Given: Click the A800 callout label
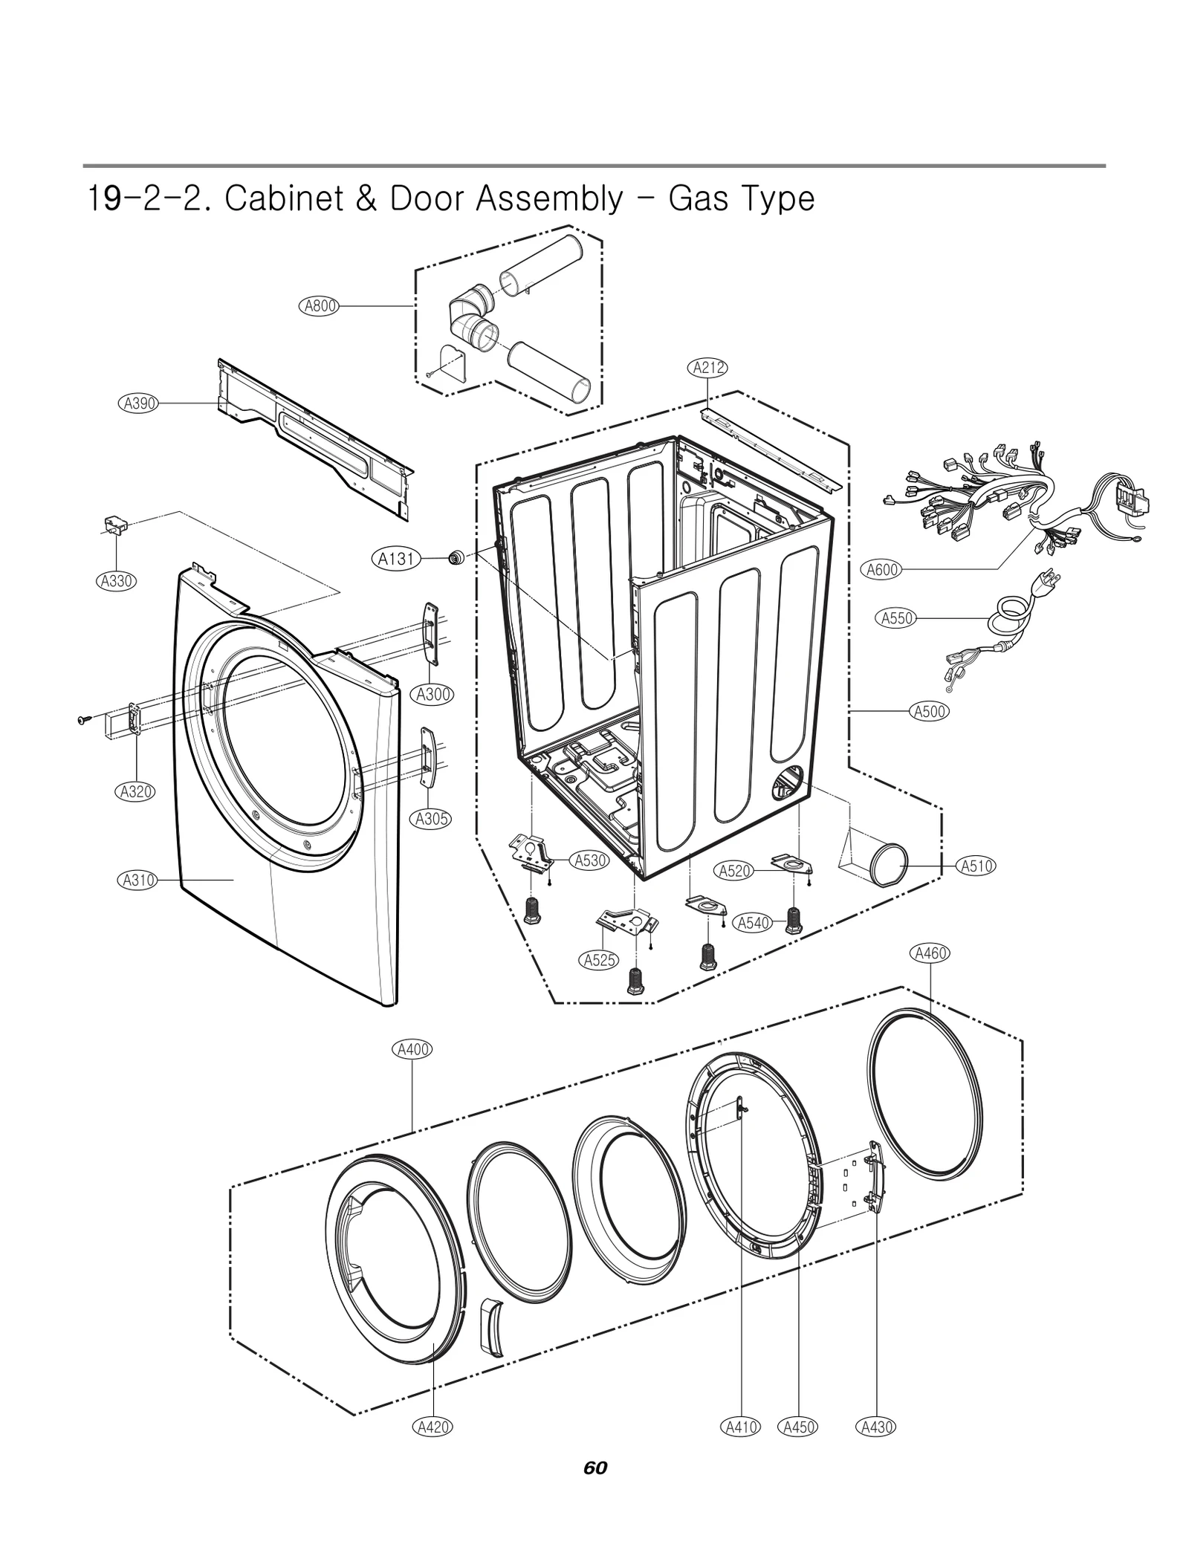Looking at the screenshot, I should [x=320, y=305].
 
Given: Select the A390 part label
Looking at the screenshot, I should [x=138, y=403].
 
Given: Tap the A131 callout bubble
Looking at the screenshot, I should [x=395, y=558].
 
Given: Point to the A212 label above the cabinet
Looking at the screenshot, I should [x=708, y=367].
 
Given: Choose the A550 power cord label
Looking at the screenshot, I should [x=896, y=617].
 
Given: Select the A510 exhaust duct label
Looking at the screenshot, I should [x=976, y=866].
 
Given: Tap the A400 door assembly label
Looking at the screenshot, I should [x=412, y=1049].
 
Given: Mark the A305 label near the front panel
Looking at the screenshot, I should [x=431, y=819].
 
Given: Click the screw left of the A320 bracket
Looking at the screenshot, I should [x=82, y=719].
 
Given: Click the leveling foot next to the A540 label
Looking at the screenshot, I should [x=793, y=921].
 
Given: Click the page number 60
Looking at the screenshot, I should [x=594, y=1467].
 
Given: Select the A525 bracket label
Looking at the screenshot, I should [x=598, y=959].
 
